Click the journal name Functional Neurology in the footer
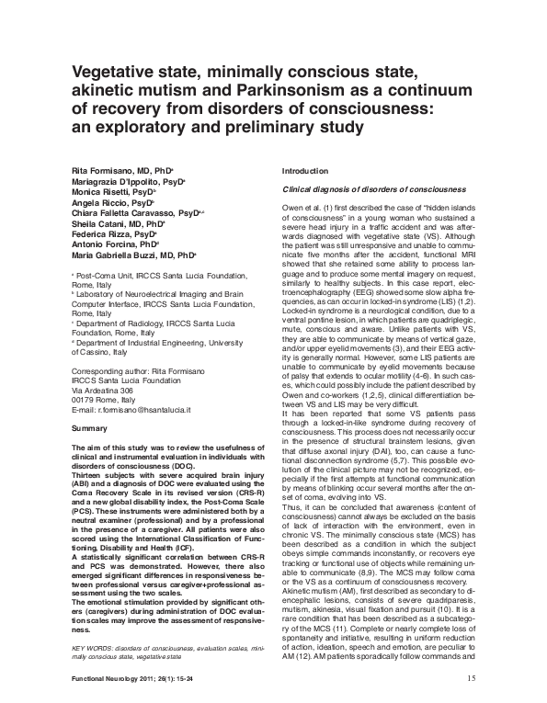[106, 680]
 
